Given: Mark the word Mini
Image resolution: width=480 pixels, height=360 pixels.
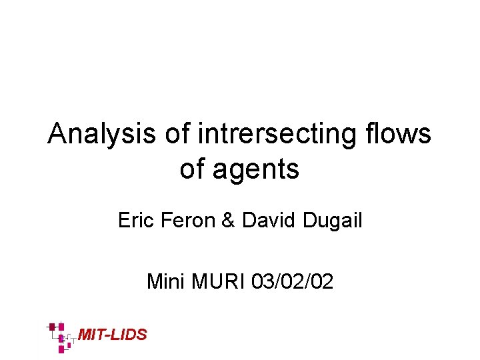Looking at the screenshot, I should coord(166,282).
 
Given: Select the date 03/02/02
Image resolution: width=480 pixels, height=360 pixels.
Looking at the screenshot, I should coord(293,282).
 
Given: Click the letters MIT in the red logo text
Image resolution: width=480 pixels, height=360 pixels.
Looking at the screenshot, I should coord(91,335).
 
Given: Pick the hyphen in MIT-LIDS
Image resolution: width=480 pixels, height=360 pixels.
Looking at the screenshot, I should coord(107,335).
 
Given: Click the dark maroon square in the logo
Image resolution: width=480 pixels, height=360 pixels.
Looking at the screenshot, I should coord(52,327).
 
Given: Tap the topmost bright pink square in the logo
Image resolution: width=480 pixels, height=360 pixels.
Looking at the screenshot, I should coord(61,326).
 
